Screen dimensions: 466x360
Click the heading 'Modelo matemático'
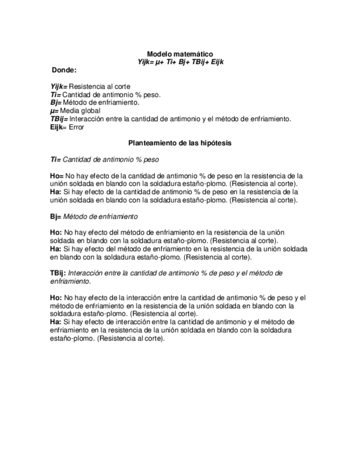click(x=180, y=54)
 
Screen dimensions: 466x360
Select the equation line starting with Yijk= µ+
click(x=180, y=62)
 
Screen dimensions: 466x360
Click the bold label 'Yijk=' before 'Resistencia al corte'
click(x=59, y=87)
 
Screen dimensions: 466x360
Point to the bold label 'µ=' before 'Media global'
click(x=54, y=110)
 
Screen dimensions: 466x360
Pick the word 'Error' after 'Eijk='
click(x=76, y=127)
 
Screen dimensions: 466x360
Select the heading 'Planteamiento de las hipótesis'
click(x=180, y=143)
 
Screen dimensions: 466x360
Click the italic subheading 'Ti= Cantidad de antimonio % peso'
click(x=104, y=159)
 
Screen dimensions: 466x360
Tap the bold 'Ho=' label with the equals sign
click(x=57, y=176)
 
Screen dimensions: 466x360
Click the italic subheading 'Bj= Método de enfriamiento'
click(x=93, y=217)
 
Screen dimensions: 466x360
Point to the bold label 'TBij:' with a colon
click(x=58, y=273)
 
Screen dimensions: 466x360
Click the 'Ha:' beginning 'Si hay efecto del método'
click(x=56, y=249)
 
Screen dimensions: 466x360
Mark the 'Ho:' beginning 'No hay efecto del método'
click(x=56, y=232)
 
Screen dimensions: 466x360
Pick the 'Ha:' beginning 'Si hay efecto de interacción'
click(x=56, y=322)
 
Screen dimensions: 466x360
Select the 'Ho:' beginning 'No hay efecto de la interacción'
click(x=56, y=298)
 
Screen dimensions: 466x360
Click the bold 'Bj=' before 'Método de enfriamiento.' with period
click(x=56, y=102)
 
